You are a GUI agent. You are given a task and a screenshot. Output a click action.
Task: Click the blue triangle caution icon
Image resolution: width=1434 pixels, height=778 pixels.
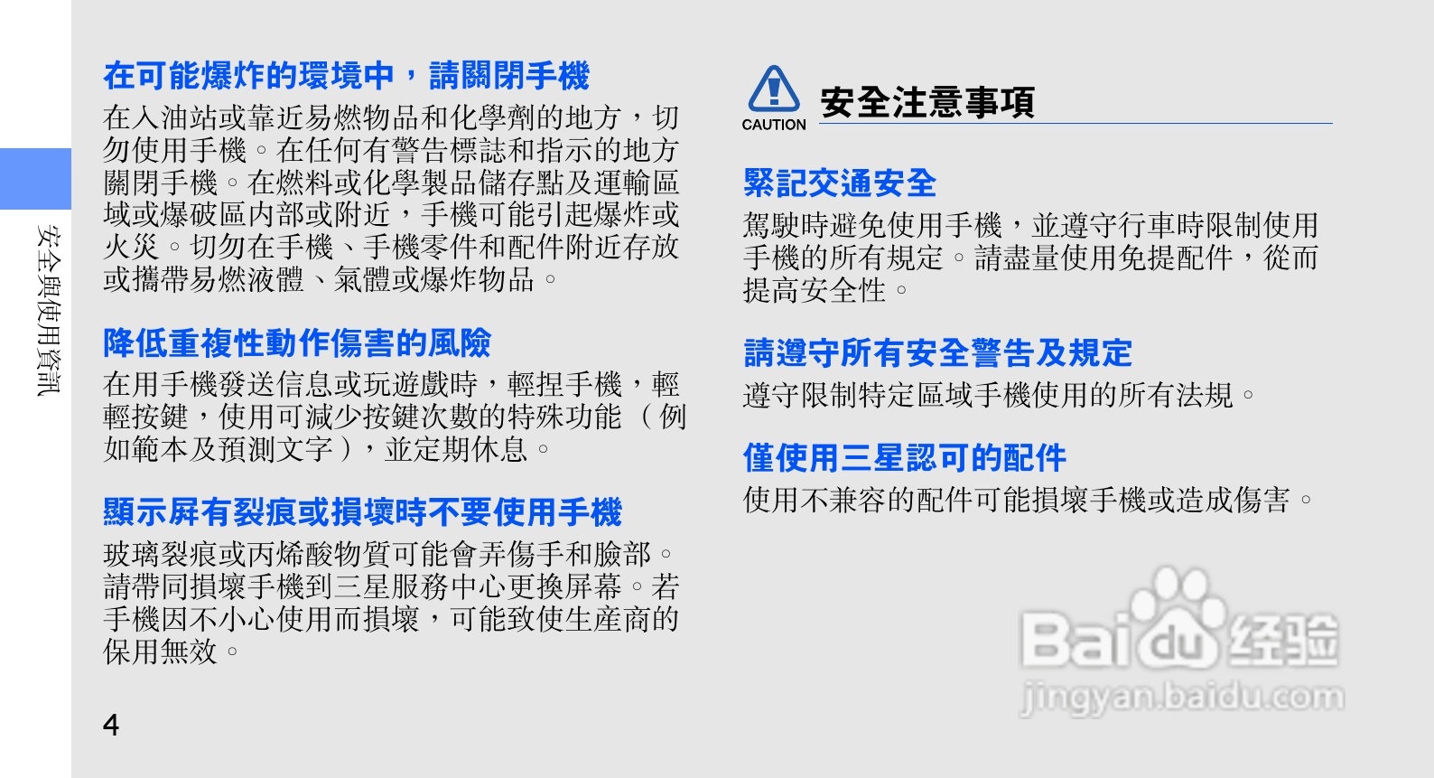point(774,89)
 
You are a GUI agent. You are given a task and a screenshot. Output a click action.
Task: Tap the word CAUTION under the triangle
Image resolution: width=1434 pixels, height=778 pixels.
point(773,125)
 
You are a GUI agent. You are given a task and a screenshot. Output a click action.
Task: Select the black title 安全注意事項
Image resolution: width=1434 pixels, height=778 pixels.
point(927,102)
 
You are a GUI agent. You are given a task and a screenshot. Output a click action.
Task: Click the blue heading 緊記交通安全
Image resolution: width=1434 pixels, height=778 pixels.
point(839,183)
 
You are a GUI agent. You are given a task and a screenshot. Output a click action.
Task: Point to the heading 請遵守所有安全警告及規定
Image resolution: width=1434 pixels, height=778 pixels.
point(937,352)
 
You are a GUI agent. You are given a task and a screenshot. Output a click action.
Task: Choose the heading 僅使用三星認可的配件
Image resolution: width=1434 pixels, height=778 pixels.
point(905,458)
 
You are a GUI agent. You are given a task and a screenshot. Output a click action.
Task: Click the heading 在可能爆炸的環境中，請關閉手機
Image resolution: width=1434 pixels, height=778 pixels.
point(346,76)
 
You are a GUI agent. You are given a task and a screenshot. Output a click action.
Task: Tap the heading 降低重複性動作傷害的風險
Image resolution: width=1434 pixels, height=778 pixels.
point(297,342)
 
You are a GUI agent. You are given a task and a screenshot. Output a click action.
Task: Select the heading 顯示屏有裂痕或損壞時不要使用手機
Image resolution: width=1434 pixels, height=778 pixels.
point(362,511)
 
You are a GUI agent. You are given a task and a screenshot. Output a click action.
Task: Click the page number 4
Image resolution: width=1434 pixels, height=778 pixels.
point(111,725)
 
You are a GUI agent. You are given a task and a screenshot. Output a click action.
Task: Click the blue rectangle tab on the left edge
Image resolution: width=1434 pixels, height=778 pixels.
point(35,179)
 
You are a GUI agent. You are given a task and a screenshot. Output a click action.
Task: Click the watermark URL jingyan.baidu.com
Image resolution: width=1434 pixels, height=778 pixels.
point(1182,696)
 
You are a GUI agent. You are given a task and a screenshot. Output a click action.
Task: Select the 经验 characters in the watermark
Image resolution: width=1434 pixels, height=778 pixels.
point(1283,640)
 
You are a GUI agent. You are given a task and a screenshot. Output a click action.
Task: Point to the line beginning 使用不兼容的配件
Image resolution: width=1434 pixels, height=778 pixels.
point(1028,500)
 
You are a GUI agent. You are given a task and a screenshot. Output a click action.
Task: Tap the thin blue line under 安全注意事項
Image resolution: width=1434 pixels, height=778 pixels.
point(1075,123)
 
